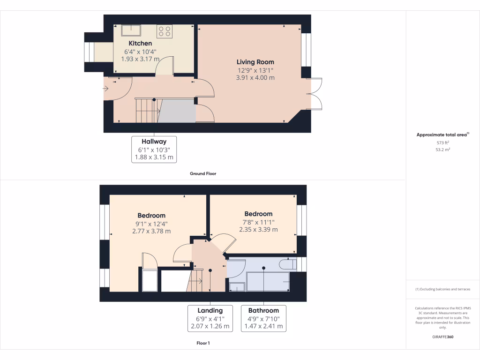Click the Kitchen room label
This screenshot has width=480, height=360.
click(141, 44)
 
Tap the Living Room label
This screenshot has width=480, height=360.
click(255, 62)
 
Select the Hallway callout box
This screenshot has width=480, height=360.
click(154, 150)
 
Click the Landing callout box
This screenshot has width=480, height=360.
click(210, 318)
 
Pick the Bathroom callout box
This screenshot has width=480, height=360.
click(263, 318)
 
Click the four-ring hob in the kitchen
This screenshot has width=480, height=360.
click(165, 31)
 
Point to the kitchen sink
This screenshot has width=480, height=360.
click(131, 30)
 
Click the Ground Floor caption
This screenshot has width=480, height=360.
click(203, 173)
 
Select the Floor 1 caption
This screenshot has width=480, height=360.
click(203, 343)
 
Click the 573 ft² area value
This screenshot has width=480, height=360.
click(442, 142)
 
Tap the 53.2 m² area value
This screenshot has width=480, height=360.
click(442, 150)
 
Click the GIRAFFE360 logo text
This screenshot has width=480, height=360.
click(443, 337)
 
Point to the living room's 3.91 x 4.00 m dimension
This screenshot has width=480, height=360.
click(255, 78)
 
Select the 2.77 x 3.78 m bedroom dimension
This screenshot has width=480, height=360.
click(151, 231)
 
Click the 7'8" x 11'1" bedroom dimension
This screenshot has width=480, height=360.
click(258, 222)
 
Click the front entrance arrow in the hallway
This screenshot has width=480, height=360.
click(106, 88)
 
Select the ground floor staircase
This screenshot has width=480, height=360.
click(146, 110)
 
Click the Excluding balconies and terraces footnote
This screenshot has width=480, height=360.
click(442, 289)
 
